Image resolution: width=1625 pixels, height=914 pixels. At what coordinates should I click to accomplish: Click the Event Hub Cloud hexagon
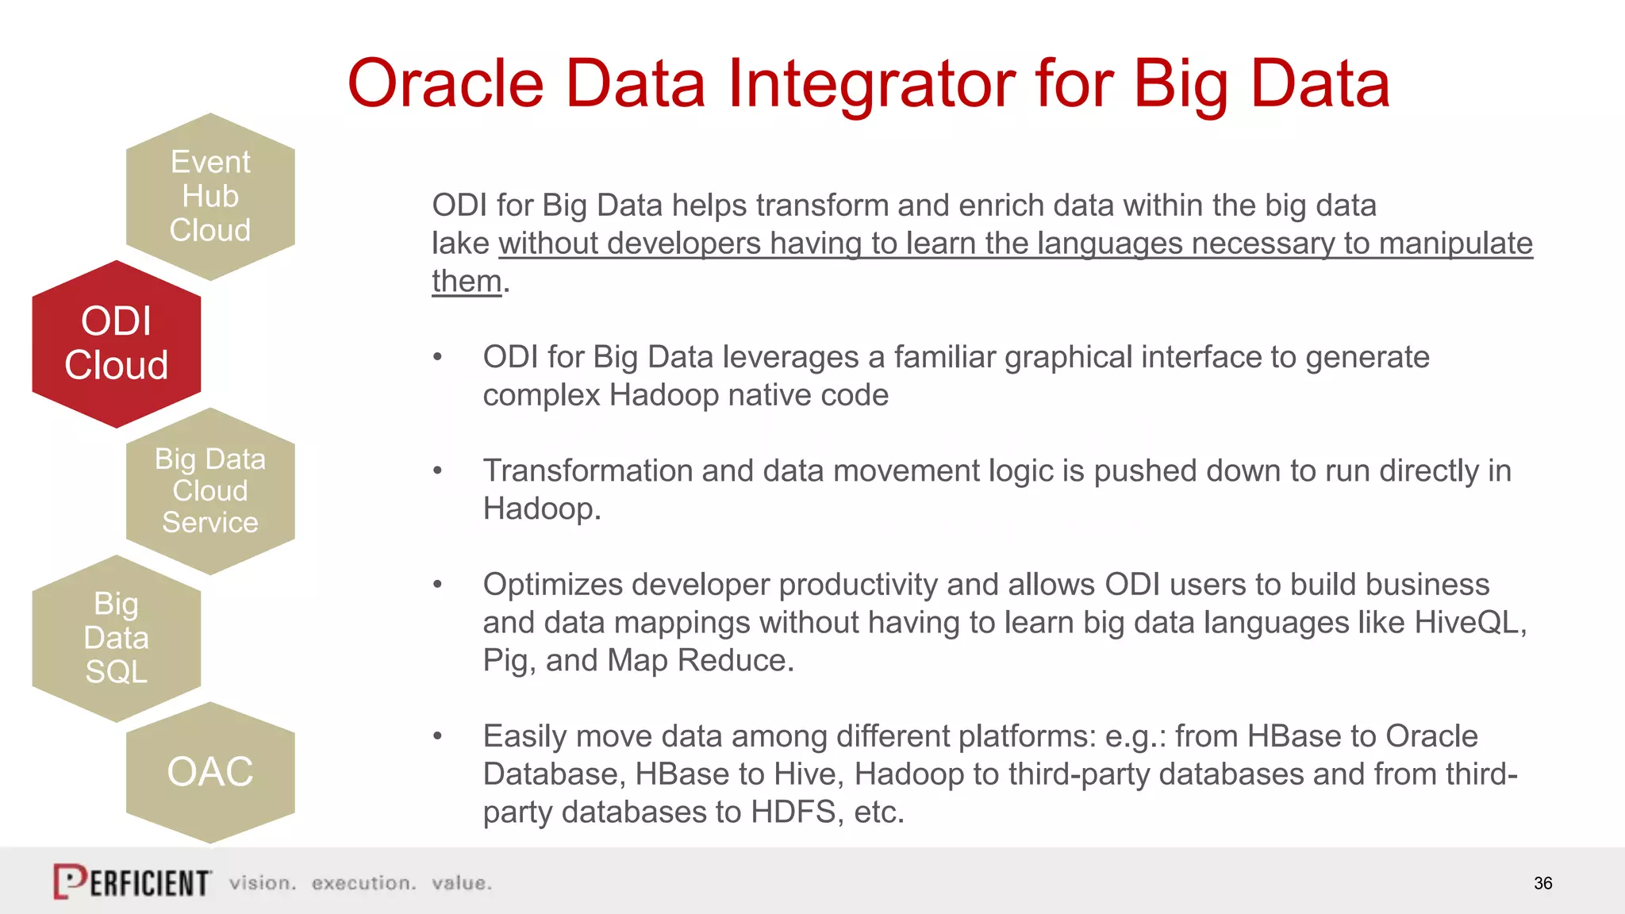pos(210,196)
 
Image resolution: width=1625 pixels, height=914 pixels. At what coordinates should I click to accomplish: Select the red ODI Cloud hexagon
pos(116,344)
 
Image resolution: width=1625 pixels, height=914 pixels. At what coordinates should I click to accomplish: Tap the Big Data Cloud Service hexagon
pos(210,491)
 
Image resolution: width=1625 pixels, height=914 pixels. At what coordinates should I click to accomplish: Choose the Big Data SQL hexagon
pos(116,638)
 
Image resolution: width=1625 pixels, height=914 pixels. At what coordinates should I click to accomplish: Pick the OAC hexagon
pos(210,772)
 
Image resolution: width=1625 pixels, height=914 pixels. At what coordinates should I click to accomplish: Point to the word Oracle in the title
pos(445,84)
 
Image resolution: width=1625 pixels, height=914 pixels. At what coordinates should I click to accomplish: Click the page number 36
pos(1542,883)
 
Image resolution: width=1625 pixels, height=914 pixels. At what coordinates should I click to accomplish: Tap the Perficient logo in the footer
pos(133,881)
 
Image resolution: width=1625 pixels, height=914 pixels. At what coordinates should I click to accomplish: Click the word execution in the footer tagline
pos(363,883)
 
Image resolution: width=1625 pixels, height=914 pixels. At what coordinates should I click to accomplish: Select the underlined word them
pos(467,282)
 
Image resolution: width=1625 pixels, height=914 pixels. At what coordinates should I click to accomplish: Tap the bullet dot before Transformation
pos(437,470)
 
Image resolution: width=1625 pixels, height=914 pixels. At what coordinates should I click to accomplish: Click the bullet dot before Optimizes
pos(437,585)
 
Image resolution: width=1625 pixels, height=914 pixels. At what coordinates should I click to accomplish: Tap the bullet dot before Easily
pos(437,736)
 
